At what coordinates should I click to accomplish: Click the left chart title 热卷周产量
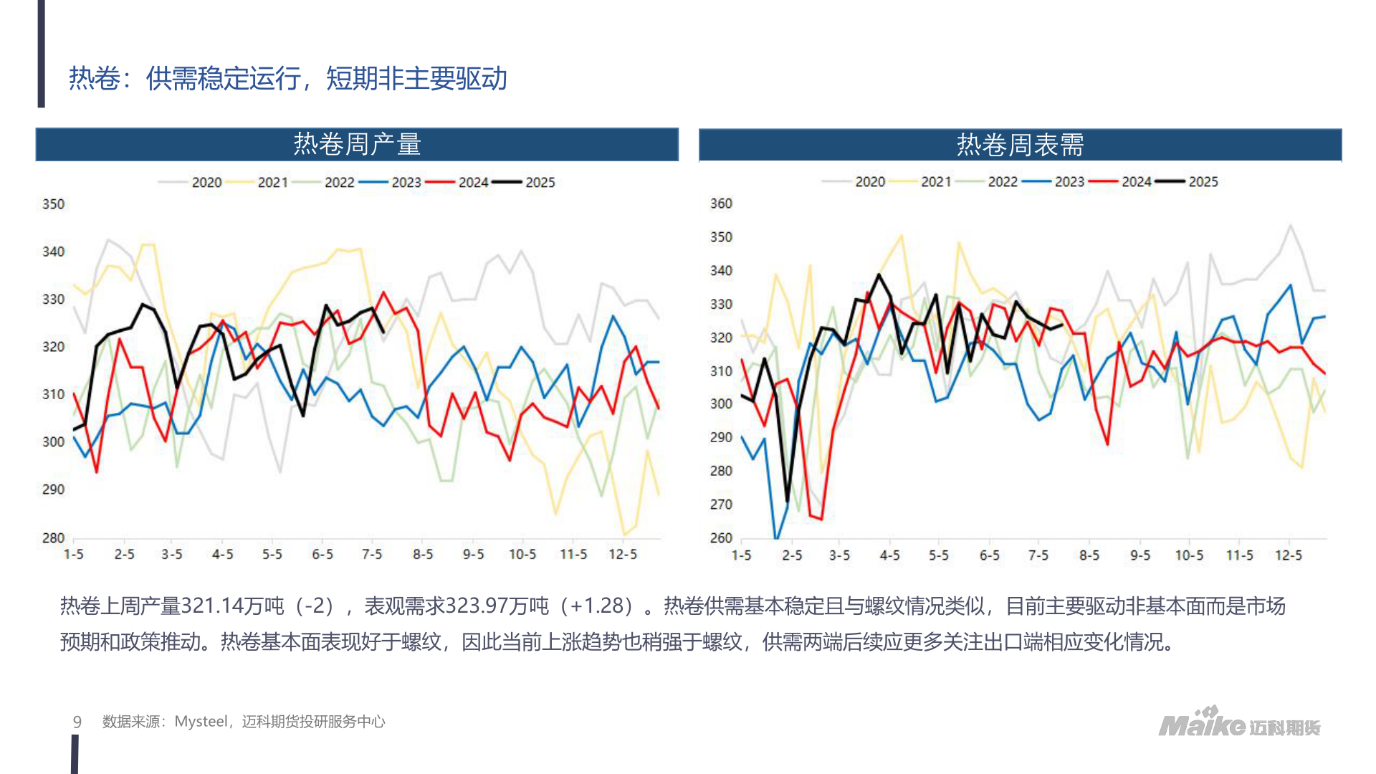[x=357, y=145]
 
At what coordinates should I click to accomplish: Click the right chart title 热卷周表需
[x=1020, y=145]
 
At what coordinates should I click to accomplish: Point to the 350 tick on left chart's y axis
[x=53, y=204]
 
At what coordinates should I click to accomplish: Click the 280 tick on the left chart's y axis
[x=53, y=537]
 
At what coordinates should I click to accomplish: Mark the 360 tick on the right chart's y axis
[x=721, y=204]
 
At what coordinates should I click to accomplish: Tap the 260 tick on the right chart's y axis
[x=721, y=537]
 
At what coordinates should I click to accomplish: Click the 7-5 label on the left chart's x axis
[x=371, y=555]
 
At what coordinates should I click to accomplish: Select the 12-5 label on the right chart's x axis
[x=1288, y=555]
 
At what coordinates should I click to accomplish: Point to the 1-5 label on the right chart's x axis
[x=741, y=555]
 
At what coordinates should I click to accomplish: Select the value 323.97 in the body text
[x=477, y=606]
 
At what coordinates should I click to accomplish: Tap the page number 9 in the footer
[x=77, y=722]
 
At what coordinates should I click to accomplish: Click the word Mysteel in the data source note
[x=201, y=722]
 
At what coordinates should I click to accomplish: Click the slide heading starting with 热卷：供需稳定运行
[x=287, y=79]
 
